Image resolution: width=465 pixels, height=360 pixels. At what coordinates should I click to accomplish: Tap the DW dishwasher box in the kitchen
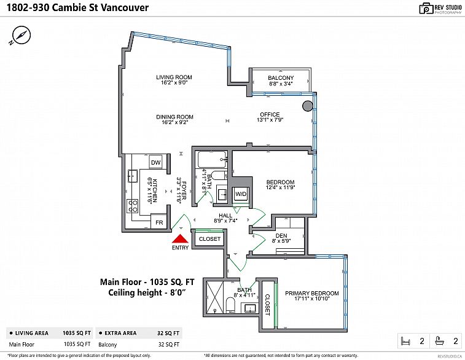coord(156,162)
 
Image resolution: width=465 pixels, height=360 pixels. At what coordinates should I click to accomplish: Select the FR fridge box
coord(159,222)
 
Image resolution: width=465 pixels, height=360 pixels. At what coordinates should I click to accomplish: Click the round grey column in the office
coord(307,106)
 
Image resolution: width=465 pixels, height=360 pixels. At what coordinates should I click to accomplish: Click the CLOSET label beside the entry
coord(209,239)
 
